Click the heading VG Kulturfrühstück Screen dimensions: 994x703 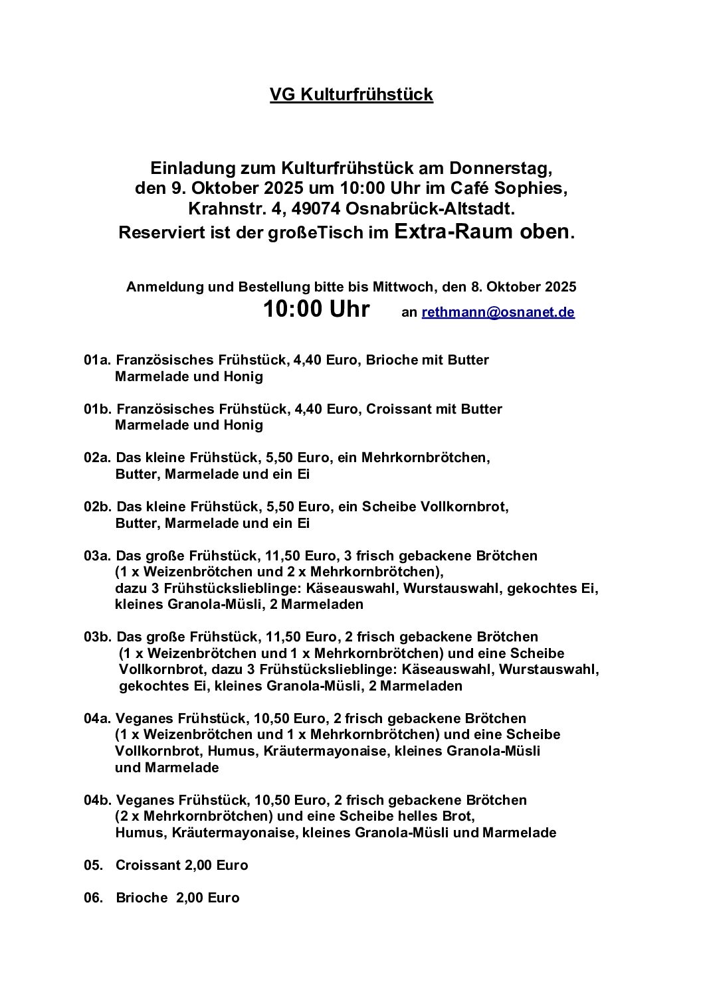(x=351, y=95)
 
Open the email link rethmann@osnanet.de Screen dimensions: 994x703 (x=498, y=312)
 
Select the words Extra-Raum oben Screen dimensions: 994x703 (x=482, y=232)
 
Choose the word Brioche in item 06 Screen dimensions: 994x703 (x=142, y=898)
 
